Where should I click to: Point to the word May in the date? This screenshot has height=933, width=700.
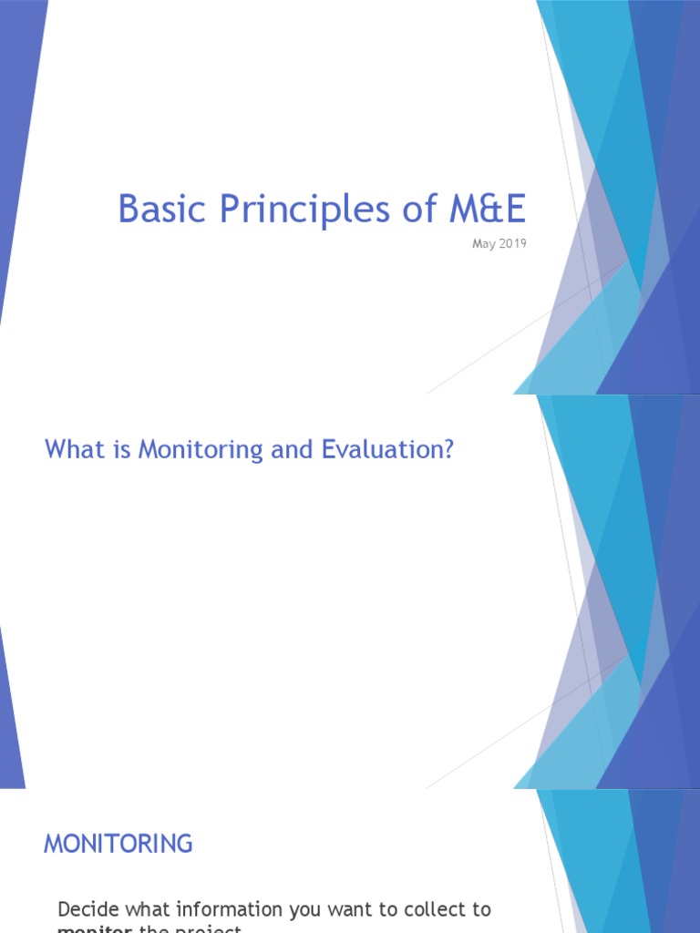click(x=482, y=243)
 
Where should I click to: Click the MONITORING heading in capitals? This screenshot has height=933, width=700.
click(x=118, y=844)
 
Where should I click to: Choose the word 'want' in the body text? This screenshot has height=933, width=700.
click(x=347, y=908)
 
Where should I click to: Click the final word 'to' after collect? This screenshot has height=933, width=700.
click(x=481, y=908)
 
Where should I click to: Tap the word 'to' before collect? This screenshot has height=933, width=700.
click(x=386, y=908)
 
